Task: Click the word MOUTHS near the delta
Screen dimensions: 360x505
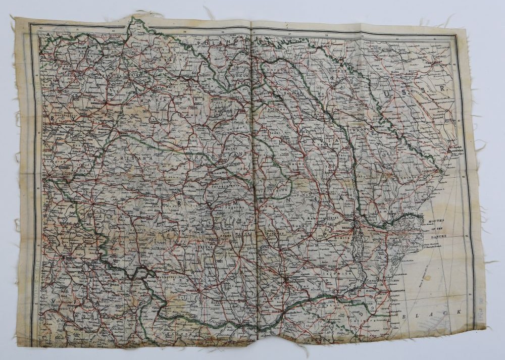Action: [437, 221]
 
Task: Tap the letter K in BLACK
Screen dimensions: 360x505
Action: [459, 312]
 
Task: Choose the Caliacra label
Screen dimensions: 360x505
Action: [372, 320]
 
